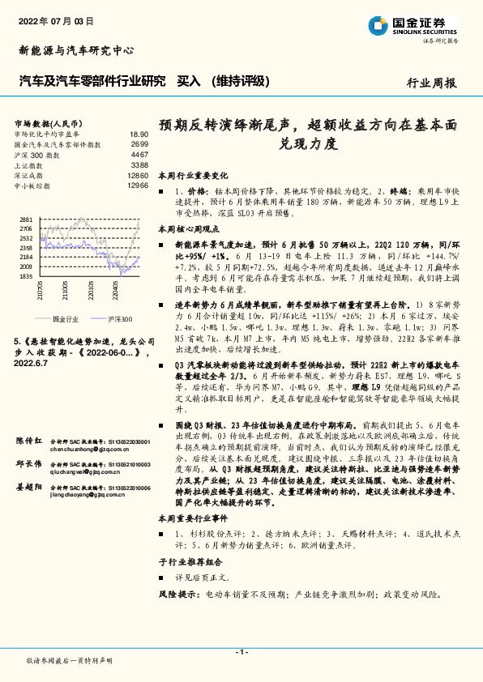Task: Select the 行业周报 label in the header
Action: coord(431,83)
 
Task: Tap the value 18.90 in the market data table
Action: coord(139,134)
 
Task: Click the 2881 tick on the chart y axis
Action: coord(25,220)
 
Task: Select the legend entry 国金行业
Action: coord(65,319)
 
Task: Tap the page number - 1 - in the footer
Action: coord(241,652)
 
